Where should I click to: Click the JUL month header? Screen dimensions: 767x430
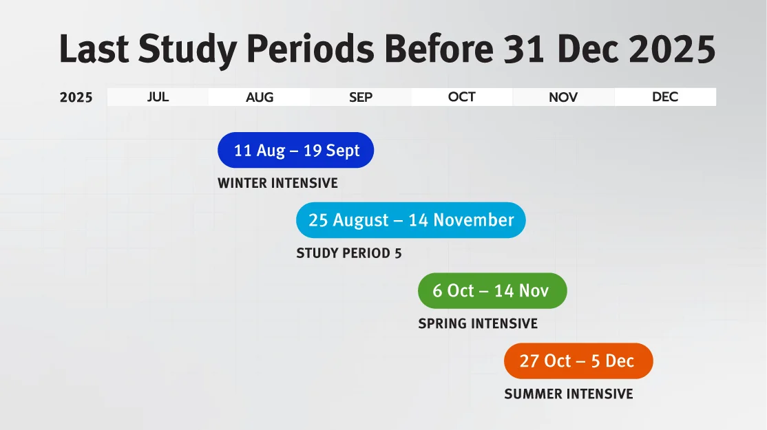158,97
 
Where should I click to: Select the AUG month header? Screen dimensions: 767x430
260,97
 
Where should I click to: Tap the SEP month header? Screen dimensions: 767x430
361,97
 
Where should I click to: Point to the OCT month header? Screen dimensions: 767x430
462,97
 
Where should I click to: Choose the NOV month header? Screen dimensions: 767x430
563,97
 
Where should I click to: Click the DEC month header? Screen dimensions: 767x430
665,97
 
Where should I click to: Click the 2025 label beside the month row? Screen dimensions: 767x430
76,97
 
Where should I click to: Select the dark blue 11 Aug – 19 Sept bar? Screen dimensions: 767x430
296,150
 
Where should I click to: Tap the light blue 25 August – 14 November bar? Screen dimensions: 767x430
411,220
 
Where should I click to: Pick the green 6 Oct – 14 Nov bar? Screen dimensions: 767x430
492,291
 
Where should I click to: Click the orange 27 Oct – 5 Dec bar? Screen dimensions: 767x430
578,361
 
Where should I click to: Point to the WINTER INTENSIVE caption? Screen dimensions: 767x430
278,183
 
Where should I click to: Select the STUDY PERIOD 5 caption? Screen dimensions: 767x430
349,253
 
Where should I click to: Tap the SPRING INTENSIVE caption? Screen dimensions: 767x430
478,323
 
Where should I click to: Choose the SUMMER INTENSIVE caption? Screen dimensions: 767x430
569,394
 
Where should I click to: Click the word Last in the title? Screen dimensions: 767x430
94,49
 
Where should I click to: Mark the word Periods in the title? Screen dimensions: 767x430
311,49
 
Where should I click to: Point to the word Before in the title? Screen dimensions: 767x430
439,49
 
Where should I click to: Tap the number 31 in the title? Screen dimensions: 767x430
524,49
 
